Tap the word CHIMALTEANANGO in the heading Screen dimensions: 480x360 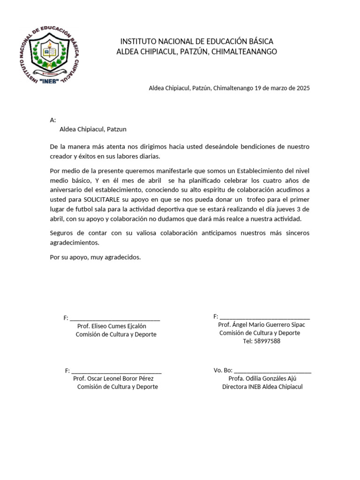click(244, 52)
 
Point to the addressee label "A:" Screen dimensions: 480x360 click(52, 120)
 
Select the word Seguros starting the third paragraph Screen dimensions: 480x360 click(61, 233)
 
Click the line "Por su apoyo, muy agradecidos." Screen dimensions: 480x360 click(95, 257)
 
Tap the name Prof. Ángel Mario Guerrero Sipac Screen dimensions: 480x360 click(264, 325)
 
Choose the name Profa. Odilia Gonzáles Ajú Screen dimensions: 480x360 click(262, 378)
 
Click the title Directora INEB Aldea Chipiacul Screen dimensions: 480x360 click(262, 387)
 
